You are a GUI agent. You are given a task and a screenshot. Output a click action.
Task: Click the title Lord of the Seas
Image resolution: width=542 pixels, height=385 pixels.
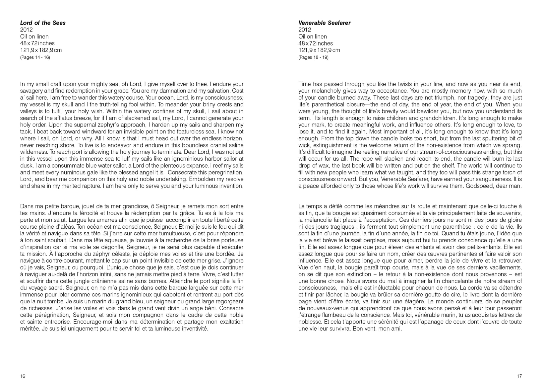[43, 23]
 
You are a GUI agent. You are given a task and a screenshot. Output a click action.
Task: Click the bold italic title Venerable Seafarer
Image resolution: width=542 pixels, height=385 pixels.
[324, 23]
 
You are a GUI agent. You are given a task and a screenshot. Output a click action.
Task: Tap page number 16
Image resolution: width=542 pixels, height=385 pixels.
[23, 376]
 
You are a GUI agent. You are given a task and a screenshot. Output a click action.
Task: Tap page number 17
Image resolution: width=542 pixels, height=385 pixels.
[519, 376]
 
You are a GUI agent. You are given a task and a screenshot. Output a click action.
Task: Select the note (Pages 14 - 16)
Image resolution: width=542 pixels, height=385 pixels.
[35, 57]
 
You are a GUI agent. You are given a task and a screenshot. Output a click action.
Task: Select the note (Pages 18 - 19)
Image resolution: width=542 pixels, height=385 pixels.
[313, 57]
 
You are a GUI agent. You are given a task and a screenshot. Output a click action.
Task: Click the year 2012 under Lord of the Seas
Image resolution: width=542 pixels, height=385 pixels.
[27, 30]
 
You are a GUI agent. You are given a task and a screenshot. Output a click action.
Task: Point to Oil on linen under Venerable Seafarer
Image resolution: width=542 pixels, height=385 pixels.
[312, 37]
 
